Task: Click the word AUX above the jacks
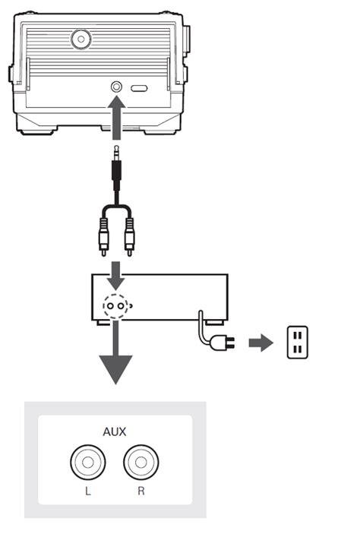pos(114,431)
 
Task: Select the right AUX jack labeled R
pos(141,460)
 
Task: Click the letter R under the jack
pos(141,492)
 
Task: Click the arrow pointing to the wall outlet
pos(261,343)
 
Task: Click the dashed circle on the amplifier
pos(115,305)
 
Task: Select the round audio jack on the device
pos(116,87)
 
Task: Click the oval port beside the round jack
pos(139,88)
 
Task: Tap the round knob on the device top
pos(79,39)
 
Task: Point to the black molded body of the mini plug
pos(115,179)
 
